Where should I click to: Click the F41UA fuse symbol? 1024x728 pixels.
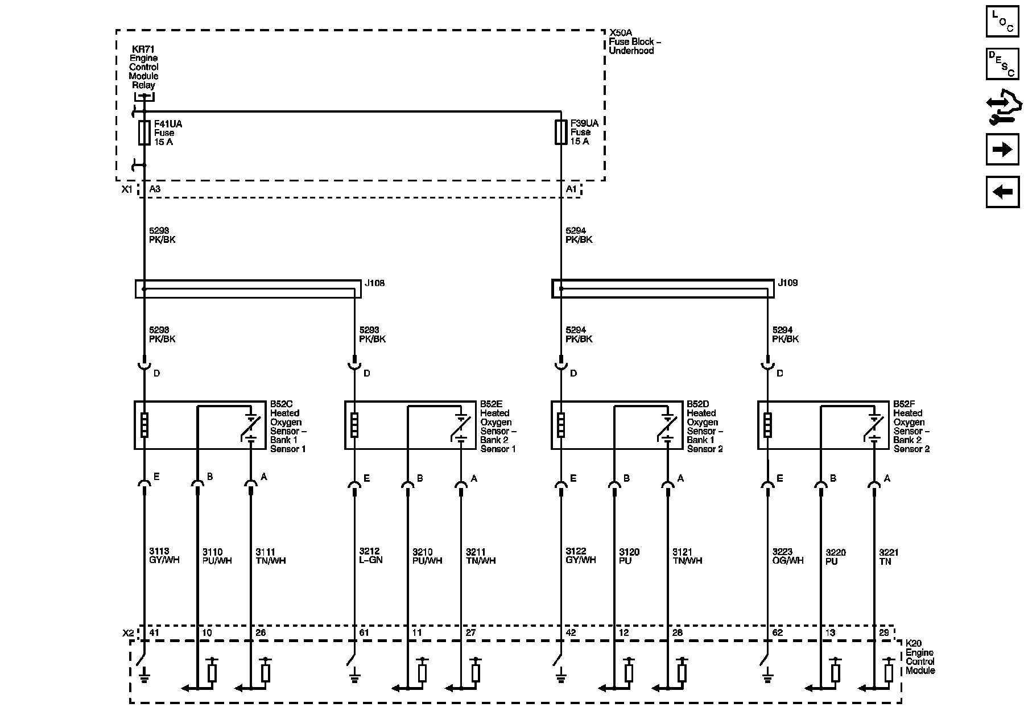tap(144, 133)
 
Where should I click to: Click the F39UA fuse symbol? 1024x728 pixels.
tap(561, 132)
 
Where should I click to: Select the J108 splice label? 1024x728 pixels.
tap(374, 283)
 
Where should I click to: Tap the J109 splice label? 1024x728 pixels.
tap(788, 283)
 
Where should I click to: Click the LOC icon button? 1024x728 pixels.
tap(1002, 21)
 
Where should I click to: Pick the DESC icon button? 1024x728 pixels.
tap(1002, 64)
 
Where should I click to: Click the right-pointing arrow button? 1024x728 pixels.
tap(1002, 150)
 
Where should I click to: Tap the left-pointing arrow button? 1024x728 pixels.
tap(1002, 192)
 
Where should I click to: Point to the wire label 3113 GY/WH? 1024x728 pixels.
tap(164, 556)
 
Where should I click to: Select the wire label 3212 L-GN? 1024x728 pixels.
tap(371, 556)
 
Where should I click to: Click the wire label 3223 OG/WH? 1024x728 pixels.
tap(788, 556)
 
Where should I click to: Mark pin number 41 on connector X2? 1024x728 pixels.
tap(154, 632)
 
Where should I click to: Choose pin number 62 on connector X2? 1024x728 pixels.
tap(778, 632)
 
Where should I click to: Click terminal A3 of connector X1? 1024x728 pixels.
tap(155, 189)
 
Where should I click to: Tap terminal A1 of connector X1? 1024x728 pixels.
tap(571, 189)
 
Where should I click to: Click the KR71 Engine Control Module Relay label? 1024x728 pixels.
tap(143, 67)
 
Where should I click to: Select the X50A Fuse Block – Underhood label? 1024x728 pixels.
tap(635, 42)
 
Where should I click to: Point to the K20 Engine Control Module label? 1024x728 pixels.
tap(920, 657)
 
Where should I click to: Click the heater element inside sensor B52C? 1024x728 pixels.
tap(144, 425)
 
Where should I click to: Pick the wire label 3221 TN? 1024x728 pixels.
tap(889, 557)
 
